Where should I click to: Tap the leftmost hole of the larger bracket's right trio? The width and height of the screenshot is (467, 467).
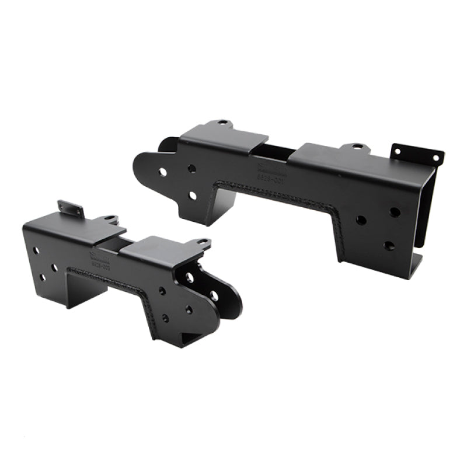click(361, 220)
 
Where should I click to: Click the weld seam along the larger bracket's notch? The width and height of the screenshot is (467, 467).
click(274, 196)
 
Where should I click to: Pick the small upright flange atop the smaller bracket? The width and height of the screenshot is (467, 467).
click(71, 208)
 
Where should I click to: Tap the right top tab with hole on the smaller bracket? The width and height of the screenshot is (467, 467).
click(201, 241)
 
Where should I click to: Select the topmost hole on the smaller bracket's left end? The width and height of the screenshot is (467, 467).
click(36, 250)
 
